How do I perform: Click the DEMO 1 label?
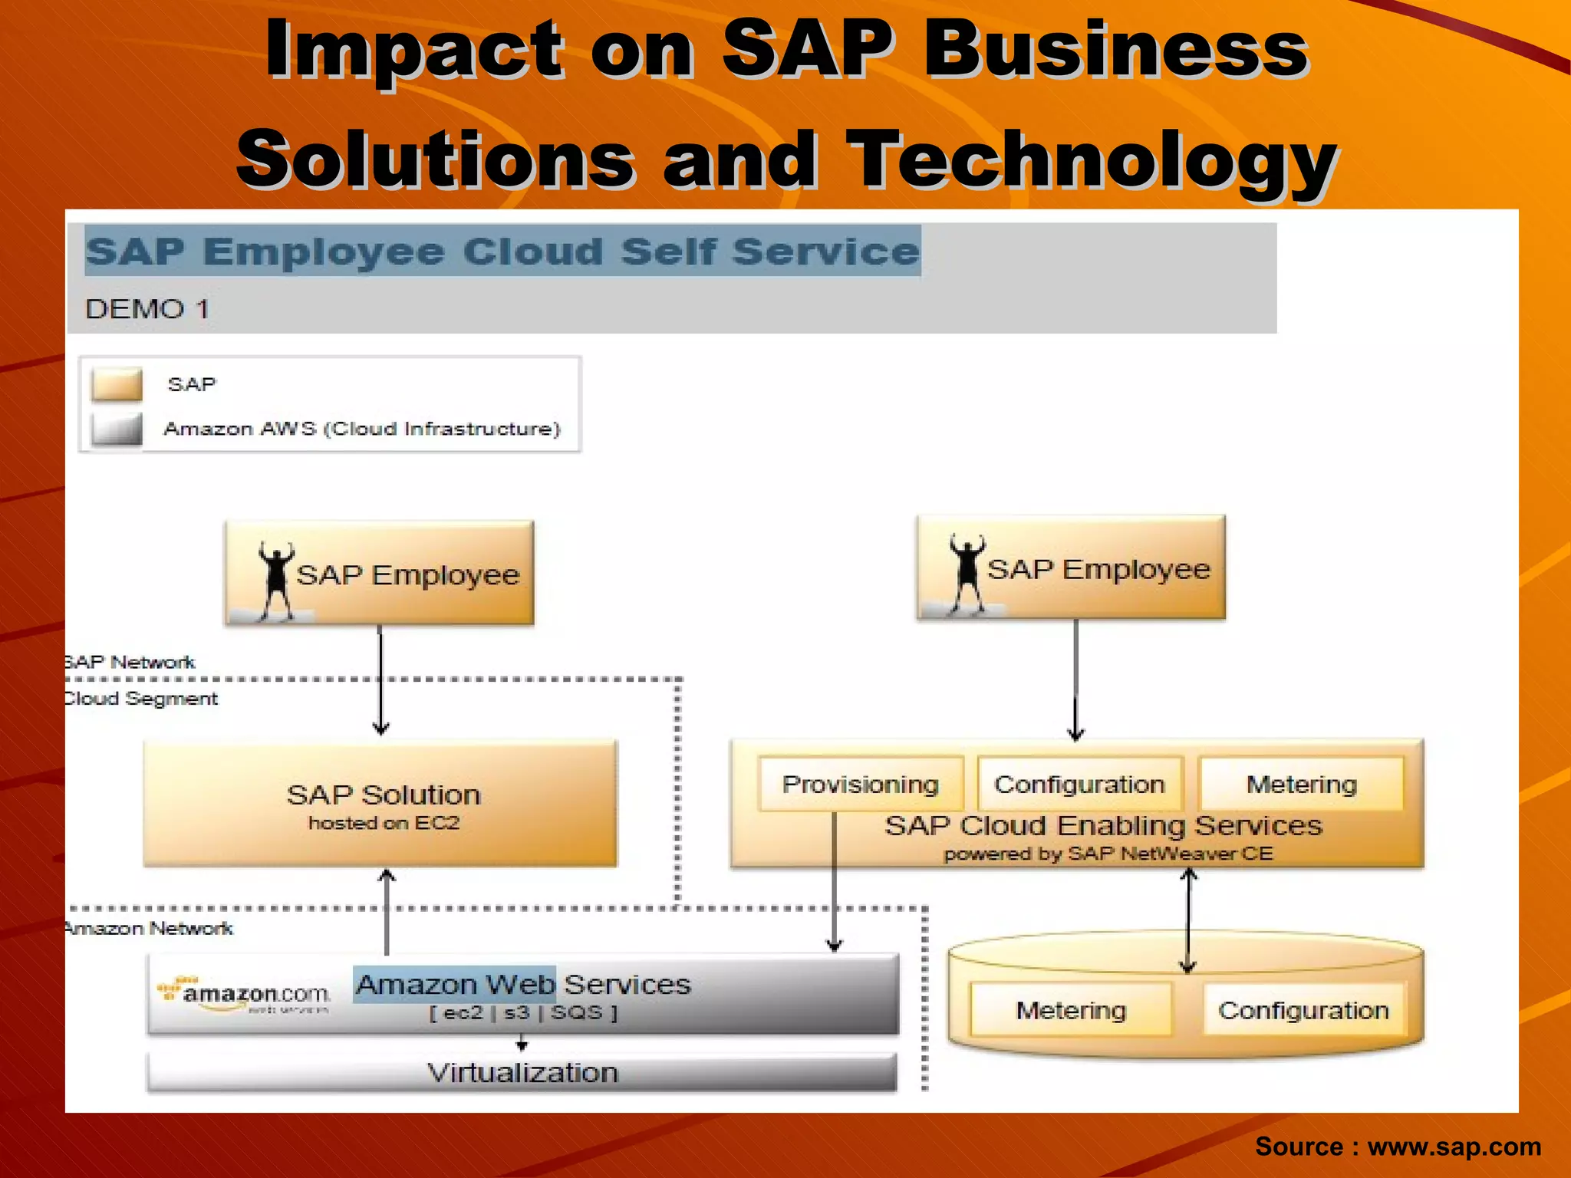pos(147,309)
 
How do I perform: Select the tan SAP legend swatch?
pos(117,384)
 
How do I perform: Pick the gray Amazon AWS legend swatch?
pos(117,429)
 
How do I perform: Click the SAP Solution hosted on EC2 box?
pos(381,804)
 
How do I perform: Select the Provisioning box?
pos(860,784)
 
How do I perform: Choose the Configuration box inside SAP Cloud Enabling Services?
pos(1079,784)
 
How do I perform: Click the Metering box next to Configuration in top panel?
pos(1302,784)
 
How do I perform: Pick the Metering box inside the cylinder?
pos(1071,1010)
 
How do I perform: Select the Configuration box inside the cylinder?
pos(1303,1010)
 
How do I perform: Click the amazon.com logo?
pos(245,995)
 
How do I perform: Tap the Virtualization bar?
pos(522,1072)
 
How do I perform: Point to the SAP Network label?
pos(130,662)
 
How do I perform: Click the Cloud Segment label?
pos(141,699)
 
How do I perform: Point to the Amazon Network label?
pos(149,929)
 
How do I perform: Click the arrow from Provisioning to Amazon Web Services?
pos(835,882)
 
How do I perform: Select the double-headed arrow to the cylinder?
pos(1188,920)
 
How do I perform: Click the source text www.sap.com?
pos(1454,1147)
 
